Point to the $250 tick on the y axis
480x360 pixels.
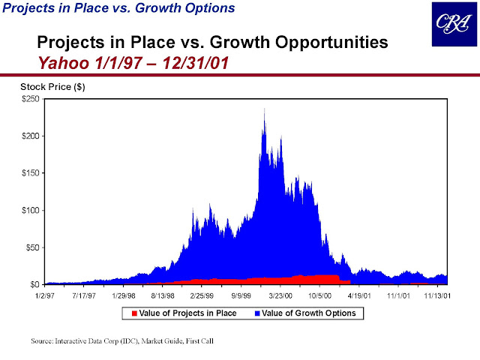pos(31,99)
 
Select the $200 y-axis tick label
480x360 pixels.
pos(31,136)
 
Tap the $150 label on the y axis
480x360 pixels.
pos(31,173)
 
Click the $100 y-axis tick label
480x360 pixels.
pos(31,211)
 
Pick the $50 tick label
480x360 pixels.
pos(33,247)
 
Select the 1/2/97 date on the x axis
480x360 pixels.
pos(46,296)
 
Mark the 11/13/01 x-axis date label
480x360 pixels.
pos(436,296)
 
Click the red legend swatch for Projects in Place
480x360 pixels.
pos(134,313)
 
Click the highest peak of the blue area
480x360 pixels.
pos(264,109)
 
